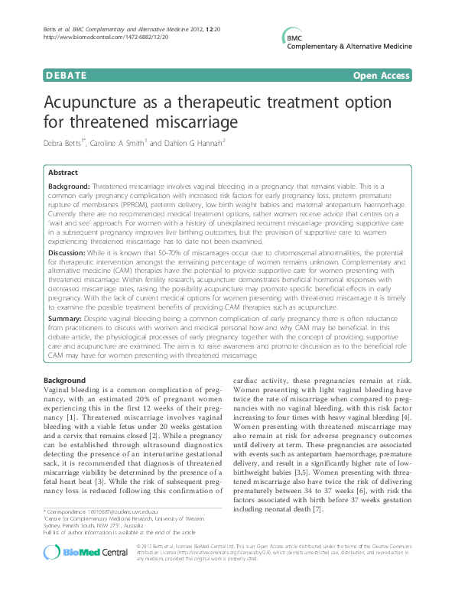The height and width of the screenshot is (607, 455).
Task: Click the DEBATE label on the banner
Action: pyautogui.click(x=44, y=76)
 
